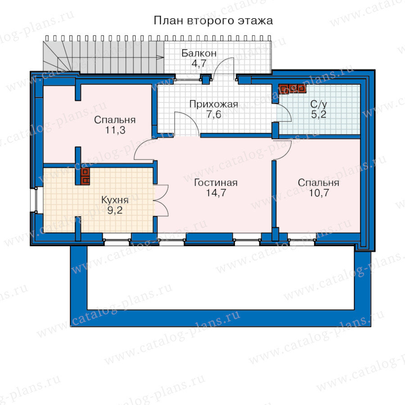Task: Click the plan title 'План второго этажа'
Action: tap(213, 21)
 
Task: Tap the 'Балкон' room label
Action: tap(199, 53)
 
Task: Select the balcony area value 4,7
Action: tap(199, 63)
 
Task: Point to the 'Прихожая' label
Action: tap(214, 104)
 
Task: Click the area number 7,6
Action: tap(214, 114)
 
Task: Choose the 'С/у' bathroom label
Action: tap(319, 104)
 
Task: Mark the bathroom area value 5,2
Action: tap(319, 114)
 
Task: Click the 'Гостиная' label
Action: tap(216, 183)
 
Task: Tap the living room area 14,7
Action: tap(216, 193)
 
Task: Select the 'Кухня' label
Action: tap(115, 200)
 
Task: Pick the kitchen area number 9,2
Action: tap(115, 210)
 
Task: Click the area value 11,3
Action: tap(115, 130)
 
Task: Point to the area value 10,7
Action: tap(319, 193)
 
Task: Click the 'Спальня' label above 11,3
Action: tap(115, 120)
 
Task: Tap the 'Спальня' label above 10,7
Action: tap(319, 183)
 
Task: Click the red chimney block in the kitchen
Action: tap(85, 176)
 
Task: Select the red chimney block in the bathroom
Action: tap(292, 89)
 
